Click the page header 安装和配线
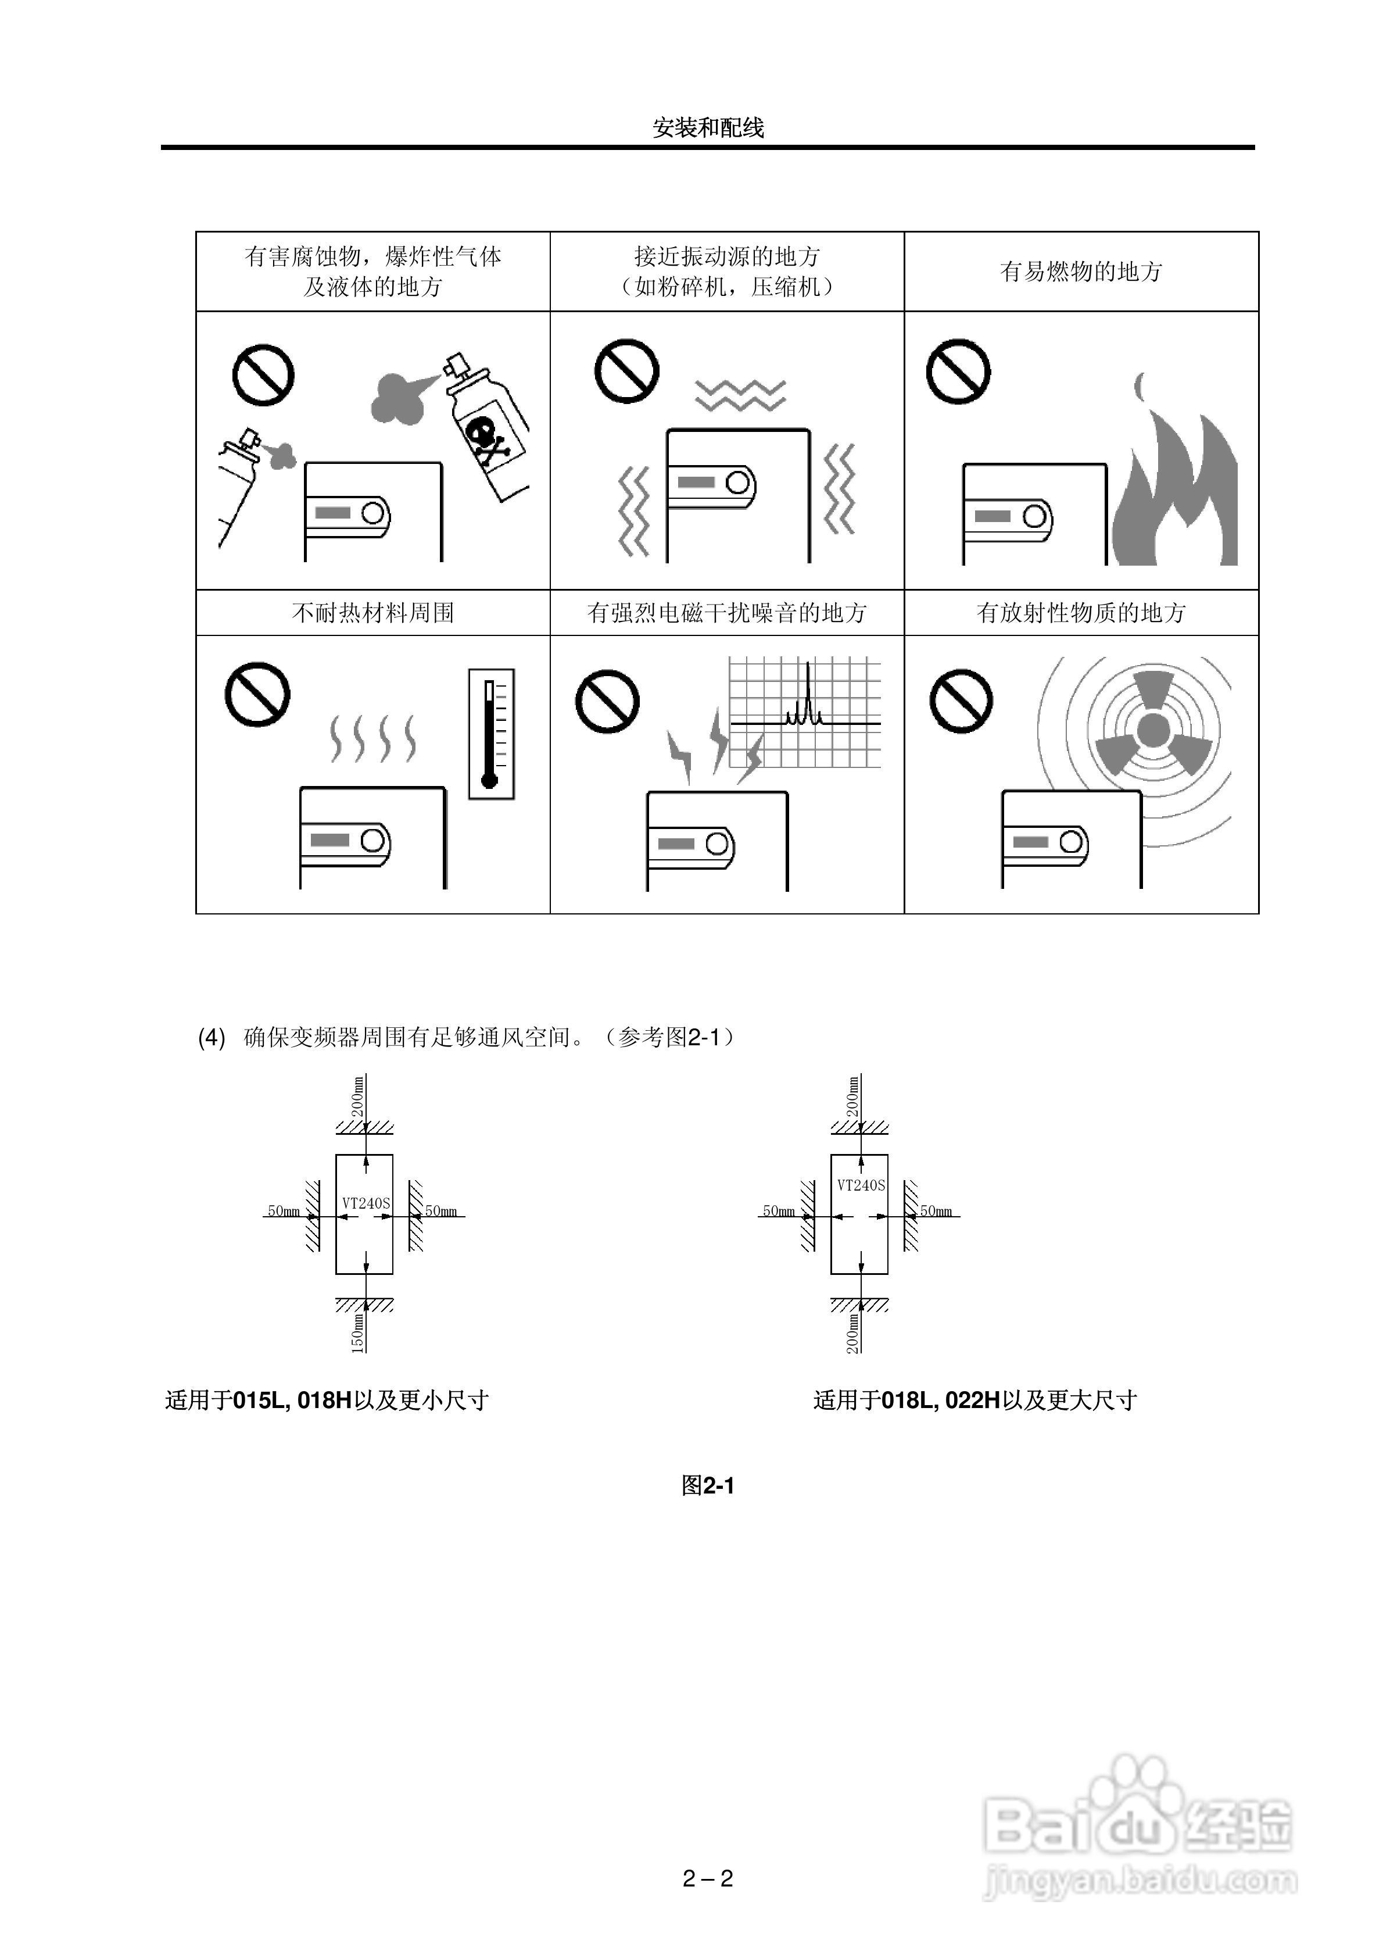(708, 128)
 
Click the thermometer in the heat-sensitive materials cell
(490, 734)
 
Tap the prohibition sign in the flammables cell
(958, 373)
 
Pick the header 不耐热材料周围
(372, 612)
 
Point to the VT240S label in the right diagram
(861, 1185)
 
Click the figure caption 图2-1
(708, 1485)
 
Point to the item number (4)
(212, 1038)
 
